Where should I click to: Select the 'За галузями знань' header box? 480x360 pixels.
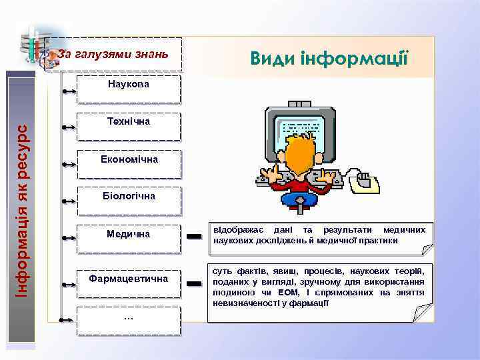pyautogui.click(x=113, y=53)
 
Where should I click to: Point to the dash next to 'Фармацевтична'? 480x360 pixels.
pyautogui.click(x=194, y=284)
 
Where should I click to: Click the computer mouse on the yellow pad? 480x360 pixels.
pyautogui.click(x=364, y=179)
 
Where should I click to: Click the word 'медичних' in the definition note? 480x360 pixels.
pyautogui.click(x=404, y=230)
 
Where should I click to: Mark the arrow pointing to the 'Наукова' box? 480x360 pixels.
pyautogui.click(x=69, y=89)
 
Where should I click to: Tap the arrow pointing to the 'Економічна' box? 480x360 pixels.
pyautogui.click(x=69, y=163)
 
